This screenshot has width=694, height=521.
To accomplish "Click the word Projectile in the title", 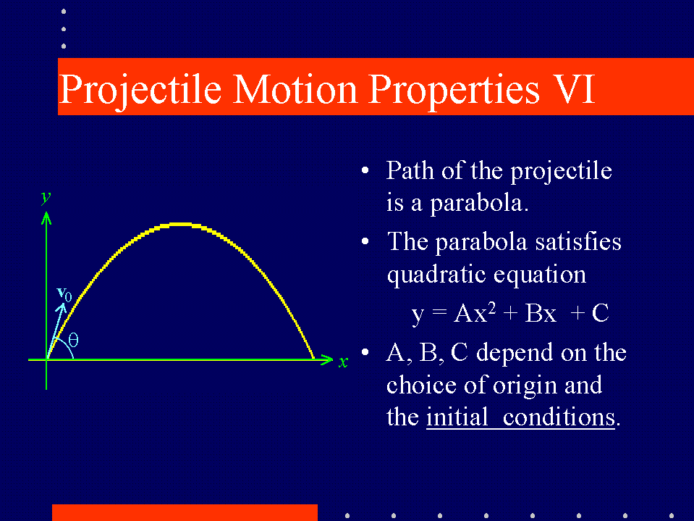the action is (x=140, y=91).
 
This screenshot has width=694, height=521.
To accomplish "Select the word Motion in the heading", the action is (x=295, y=88).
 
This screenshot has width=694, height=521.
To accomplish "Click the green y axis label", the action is (x=46, y=198).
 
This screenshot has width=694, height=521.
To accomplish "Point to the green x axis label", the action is (x=343, y=362).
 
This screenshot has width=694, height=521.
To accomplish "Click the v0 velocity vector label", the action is (x=64, y=293).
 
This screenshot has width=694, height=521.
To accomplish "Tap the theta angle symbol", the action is (x=74, y=341).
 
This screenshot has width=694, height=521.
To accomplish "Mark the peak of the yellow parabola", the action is (x=180, y=225).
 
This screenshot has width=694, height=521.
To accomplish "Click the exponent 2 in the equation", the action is (x=491, y=307).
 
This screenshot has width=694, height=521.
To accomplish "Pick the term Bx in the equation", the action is (x=541, y=313).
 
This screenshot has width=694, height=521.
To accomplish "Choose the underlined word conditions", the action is (x=559, y=417).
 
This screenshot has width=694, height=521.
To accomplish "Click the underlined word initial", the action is (x=457, y=417).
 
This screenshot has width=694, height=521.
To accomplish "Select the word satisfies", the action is (x=578, y=242).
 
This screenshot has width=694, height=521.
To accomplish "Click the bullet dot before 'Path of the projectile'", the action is (x=365, y=170).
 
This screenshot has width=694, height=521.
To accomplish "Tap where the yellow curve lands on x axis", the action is (x=314, y=359).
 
